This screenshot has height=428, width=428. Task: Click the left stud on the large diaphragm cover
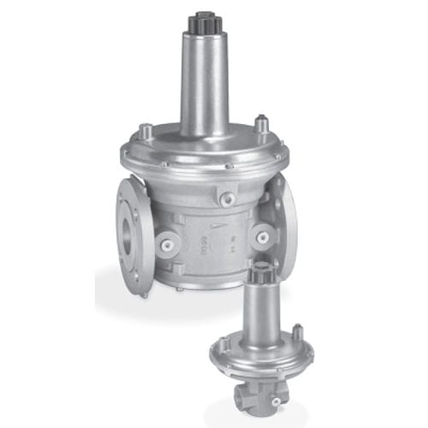click(x=145, y=130)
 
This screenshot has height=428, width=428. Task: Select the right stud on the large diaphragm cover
click(x=265, y=126)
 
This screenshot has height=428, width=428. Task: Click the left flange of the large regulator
click(x=128, y=214)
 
